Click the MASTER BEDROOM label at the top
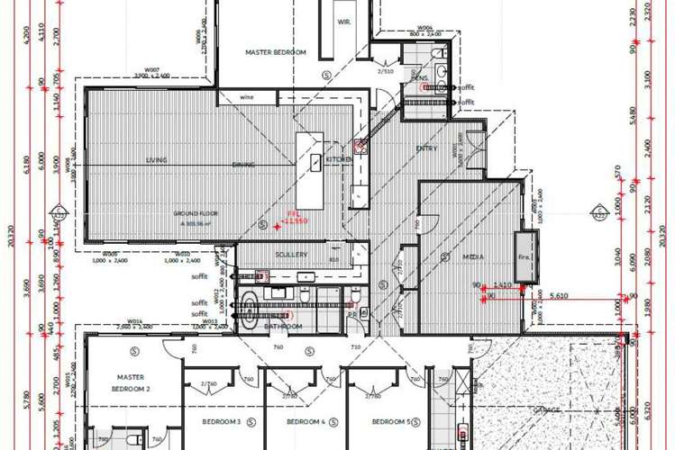click(x=276, y=53)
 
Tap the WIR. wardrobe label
click(x=343, y=22)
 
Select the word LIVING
click(x=158, y=161)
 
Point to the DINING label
click(x=242, y=165)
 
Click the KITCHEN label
click(x=338, y=159)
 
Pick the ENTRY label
click(x=426, y=148)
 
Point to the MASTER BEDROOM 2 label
click(x=131, y=382)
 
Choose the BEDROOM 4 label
click(x=306, y=422)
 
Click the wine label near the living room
click(x=246, y=97)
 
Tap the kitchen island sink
click(x=316, y=163)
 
